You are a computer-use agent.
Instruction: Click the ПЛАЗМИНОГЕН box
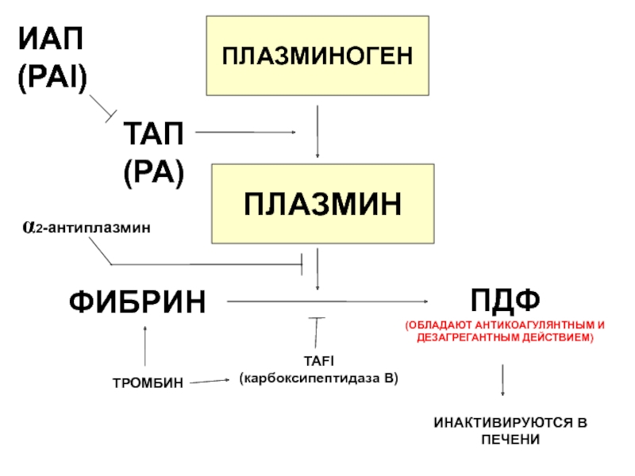click(317, 56)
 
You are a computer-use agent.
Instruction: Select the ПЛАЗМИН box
click(322, 204)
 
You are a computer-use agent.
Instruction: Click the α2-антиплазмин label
click(86, 228)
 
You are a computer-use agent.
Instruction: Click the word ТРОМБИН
click(148, 384)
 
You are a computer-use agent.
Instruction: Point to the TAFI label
click(317, 361)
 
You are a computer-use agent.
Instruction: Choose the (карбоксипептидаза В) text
click(318, 378)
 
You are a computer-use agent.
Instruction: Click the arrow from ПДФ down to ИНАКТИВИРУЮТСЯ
click(502, 381)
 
